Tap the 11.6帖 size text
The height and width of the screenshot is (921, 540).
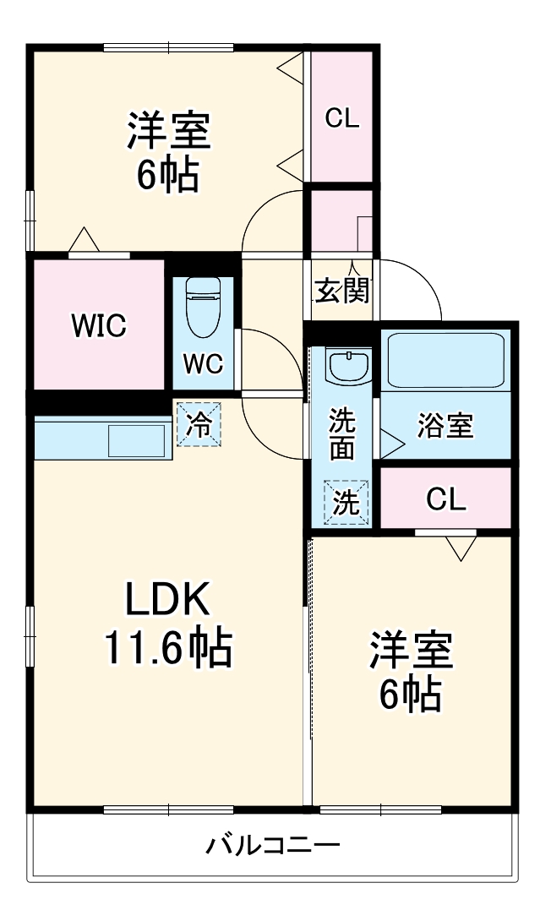pyautogui.click(x=166, y=648)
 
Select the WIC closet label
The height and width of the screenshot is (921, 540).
pyautogui.click(x=99, y=324)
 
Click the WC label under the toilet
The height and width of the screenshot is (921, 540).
pyautogui.click(x=204, y=364)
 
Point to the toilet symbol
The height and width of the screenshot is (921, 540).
pyautogui.click(x=203, y=306)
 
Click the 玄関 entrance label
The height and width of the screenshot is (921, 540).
pyautogui.click(x=341, y=291)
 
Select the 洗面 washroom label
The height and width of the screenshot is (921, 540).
pyautogui.click(x=341, y=433)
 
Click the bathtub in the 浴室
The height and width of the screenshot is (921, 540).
pyautogui.click(x=445, y=360)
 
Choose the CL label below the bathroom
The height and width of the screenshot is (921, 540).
pyautogui.click(x=445, y=500)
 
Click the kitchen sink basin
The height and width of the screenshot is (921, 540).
pyautogui.click(x=136, y=441)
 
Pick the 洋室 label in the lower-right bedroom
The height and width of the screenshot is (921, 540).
pyautogui.click(x=410, y=650)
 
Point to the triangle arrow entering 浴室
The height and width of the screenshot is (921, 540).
pyautogui.click(x=390, y=440)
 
